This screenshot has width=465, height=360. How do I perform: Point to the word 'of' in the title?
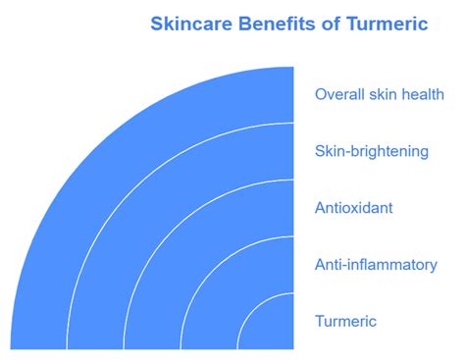point(332,25)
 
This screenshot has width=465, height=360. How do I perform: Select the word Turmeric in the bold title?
point(387,25)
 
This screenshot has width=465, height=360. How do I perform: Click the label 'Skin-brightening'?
point(372,151)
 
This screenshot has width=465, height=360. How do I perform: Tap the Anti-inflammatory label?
point(376,265)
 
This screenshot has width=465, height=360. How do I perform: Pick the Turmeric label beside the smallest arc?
point(345,321)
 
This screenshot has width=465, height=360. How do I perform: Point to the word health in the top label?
point(422,94)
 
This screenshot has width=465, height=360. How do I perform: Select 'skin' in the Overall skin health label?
point(382,94)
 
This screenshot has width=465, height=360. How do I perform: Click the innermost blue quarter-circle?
point(273,329)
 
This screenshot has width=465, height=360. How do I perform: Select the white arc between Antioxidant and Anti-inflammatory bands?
point(214,270)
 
